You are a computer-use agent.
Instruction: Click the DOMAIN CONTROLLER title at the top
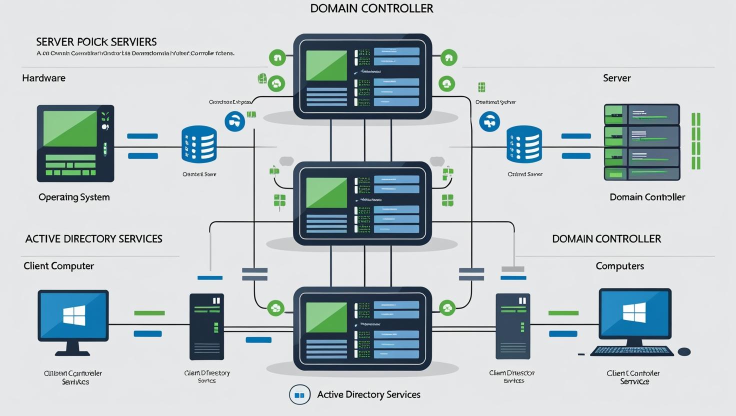point(371,8)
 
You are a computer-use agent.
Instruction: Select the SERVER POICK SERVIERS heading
point(96,42)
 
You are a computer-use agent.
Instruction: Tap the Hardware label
point(43,78)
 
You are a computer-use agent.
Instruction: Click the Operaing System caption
point(74,197)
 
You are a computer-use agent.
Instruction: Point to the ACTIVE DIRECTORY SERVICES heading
point(93,239)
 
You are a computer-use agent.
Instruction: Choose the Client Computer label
point(58,266)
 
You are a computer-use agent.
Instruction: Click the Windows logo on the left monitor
point(74,316)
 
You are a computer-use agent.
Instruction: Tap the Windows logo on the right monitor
point(634,314)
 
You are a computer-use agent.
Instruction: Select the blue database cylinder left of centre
point(199,144)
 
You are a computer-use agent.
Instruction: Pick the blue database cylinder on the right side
point(524,144)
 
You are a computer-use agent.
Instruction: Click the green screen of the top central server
point(326,65)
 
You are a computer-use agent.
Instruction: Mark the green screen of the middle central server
point(326,193)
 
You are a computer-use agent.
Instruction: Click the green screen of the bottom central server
point(326,317)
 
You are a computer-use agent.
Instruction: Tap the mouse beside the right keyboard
point(684,352)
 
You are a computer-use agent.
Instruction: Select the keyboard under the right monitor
point(631,351)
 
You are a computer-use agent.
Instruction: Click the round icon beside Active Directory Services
point(299,395)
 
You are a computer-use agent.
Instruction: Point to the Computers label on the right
point(619,266)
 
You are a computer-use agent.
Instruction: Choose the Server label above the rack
point(616,78)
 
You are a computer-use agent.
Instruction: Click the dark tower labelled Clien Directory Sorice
point(206,326)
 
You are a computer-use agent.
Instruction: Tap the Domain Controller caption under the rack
point(647,197)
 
